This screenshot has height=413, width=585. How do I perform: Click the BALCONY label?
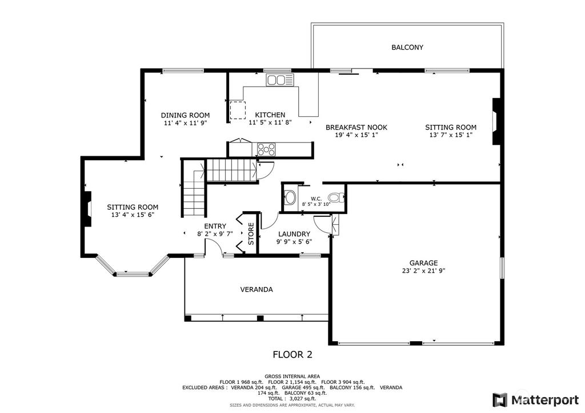pos(407,47)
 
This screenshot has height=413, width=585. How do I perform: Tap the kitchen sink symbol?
pos(279,80)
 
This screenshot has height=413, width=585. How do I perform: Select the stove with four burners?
pos(266,149)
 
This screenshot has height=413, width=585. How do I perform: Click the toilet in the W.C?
pos(338,198)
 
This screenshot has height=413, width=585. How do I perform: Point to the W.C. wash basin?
pos(291,199)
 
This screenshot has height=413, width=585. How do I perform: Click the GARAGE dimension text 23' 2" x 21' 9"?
pos(423,272)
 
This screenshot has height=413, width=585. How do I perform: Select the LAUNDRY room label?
pos(294,234)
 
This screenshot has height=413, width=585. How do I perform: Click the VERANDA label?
pos(257,289)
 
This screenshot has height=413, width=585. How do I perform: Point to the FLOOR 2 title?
pos(292,354)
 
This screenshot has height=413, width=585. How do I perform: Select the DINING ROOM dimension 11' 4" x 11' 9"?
pos(185,123)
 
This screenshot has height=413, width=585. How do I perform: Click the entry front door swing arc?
pos(213,246)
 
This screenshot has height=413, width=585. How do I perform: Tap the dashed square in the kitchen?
pos(237,110)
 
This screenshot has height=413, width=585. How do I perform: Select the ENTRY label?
pos(215,226)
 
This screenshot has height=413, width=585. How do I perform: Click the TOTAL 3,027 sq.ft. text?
pos(292,398)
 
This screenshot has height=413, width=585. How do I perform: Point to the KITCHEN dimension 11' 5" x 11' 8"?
pos(270,122)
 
